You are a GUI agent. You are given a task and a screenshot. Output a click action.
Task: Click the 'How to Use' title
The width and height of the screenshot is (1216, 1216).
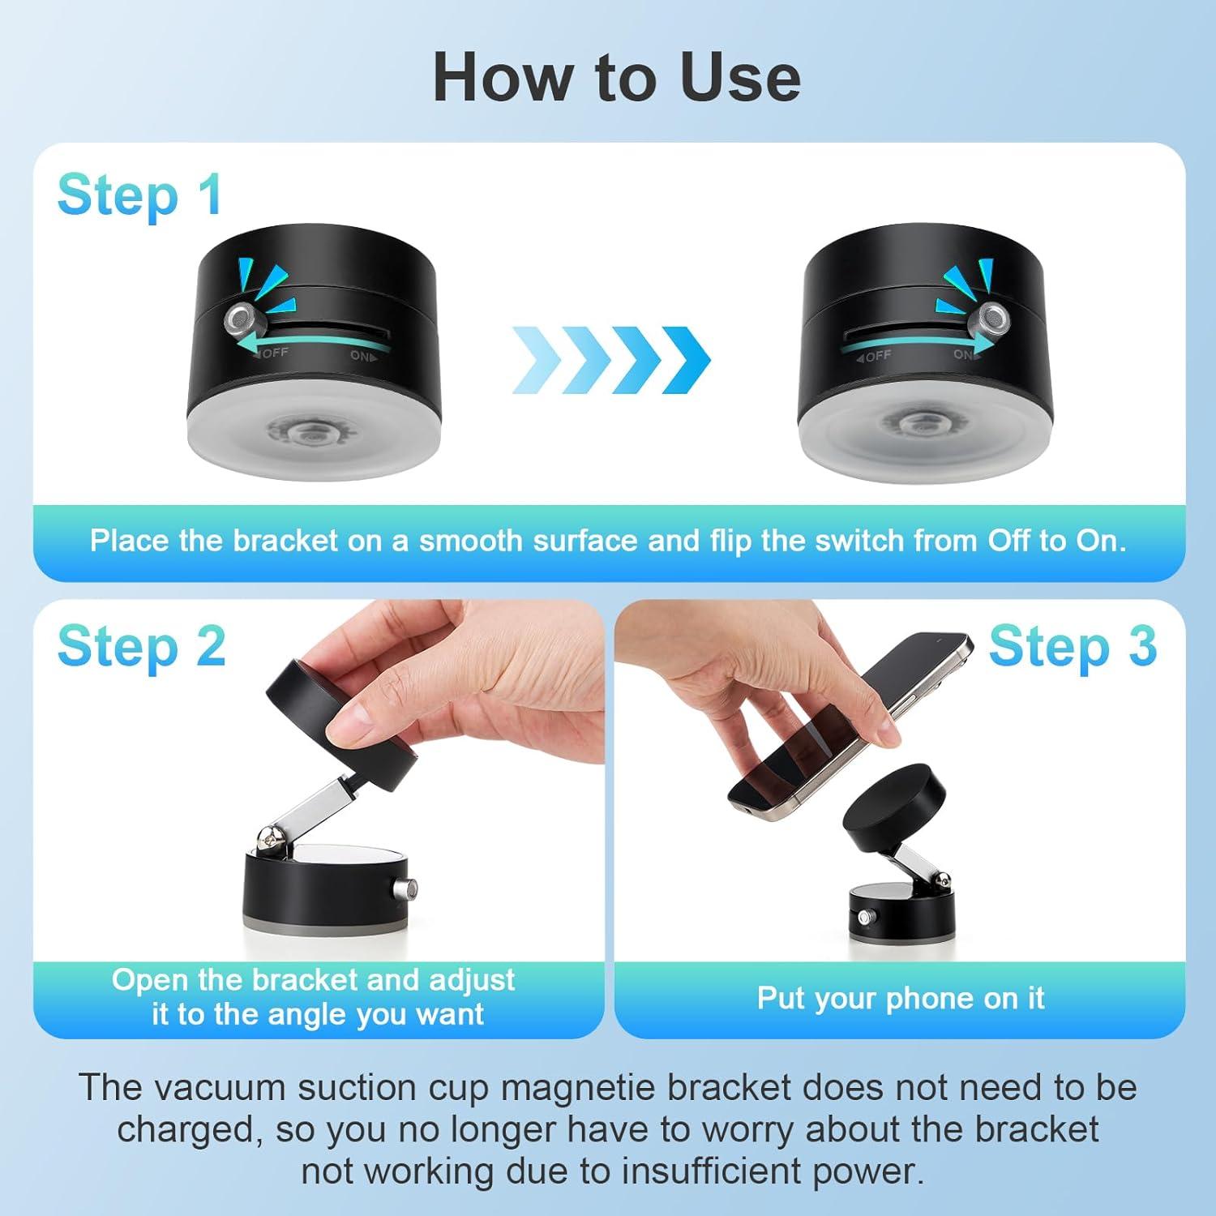616,78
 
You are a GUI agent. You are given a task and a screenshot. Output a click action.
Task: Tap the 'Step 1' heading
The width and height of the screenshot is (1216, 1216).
139,196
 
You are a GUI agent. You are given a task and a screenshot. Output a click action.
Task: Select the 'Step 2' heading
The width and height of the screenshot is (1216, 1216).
141,647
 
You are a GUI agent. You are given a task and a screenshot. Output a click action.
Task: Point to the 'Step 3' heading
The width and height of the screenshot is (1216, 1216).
1072,647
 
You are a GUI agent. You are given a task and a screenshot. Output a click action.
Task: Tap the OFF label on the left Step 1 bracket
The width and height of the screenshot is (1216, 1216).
274,353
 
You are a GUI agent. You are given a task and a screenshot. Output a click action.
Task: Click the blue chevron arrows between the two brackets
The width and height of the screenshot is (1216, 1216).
611,359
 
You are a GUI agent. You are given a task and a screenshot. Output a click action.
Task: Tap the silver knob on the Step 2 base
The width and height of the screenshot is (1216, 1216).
403,890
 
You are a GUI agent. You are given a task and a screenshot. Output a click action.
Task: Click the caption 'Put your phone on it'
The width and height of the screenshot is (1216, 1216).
900,998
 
